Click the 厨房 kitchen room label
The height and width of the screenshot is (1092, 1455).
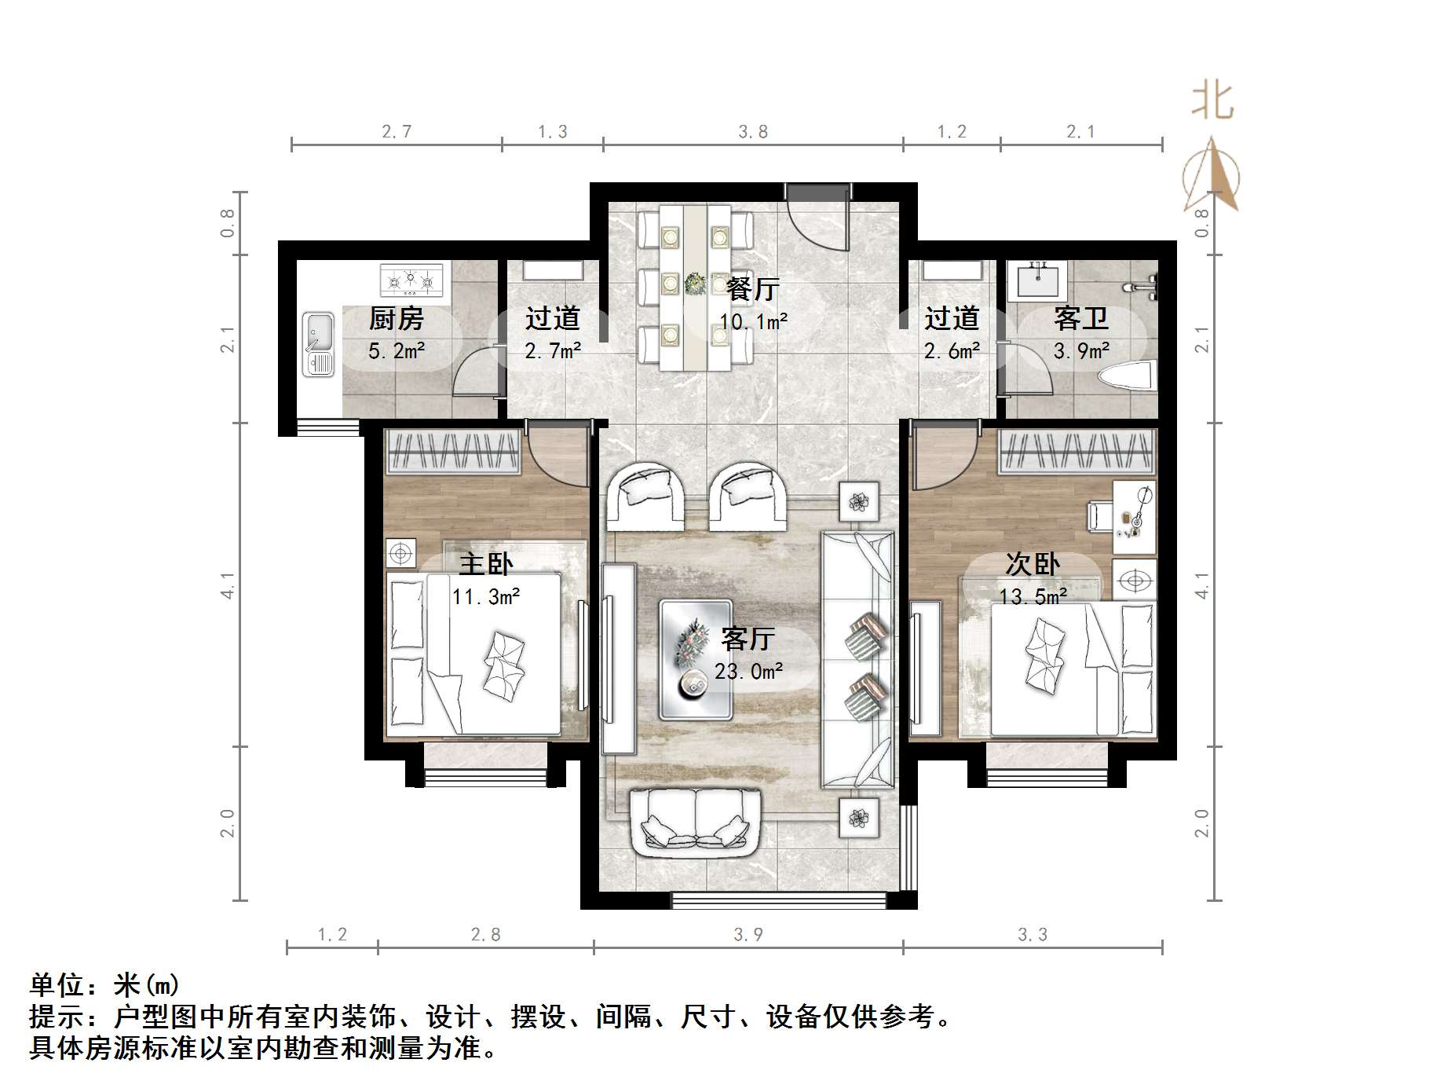(x=396, y=318)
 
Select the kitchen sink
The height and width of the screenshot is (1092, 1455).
(x=319, y=343)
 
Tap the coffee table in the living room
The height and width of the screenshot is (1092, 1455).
(x=695, y=660)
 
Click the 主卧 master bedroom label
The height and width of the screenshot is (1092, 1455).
(x=485, y=564)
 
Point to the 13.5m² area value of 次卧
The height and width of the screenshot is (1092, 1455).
(x=1033, y=597)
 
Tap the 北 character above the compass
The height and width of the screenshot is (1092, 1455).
(x=1212, y=103)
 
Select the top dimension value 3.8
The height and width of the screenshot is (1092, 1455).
(x=752, y=132)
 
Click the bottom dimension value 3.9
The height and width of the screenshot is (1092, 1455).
(x=748, y=934)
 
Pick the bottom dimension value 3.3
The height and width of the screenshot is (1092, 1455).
(x=1032, y=934)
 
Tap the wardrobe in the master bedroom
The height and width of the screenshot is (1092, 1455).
(x=453, y=452)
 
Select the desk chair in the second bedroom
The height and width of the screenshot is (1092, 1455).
(x=1098, y=516)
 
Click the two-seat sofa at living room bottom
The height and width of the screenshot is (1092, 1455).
(x=696, y=823)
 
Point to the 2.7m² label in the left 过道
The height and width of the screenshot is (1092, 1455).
(x=552, y=351)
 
